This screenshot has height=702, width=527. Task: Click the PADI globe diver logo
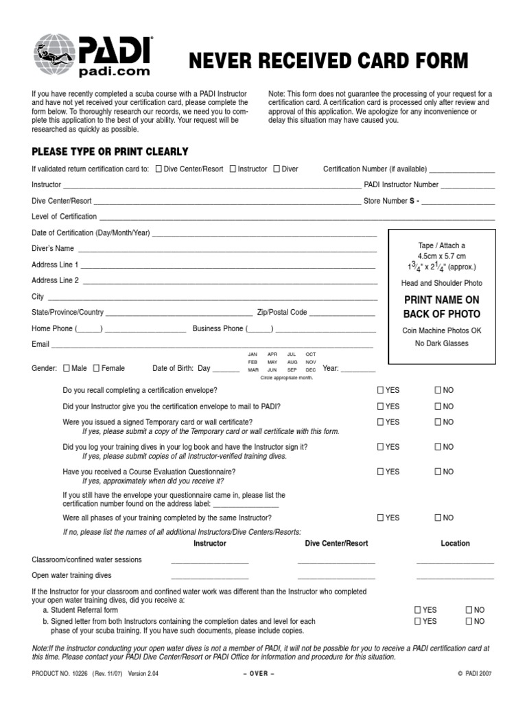tap(56, 55)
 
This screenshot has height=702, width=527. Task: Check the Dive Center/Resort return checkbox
tap(159, 169)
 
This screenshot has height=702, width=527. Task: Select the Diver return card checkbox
tap(276, 169)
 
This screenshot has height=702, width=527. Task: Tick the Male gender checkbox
tap(66, 368)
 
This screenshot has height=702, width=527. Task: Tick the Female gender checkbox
tap(96, 368)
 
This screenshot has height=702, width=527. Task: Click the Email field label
tap(40, 344)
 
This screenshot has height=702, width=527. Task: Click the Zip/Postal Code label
tap(281, 312)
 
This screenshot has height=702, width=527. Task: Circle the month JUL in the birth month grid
tap(292, 354)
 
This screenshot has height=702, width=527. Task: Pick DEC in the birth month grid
tap(311, 370)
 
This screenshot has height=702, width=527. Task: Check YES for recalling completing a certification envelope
tap(380, 390)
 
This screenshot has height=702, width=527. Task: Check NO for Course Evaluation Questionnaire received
tap(438, 472)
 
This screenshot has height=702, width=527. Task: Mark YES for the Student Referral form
tap(418, 609)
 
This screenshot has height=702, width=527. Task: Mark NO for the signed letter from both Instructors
tap(469, 621)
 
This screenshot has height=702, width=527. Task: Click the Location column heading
tap(455, 543)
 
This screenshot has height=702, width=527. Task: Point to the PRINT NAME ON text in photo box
tap(441, 300)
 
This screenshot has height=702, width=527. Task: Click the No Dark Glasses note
tap(441, 343)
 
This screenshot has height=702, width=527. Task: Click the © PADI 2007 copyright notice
tap(474, 674)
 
